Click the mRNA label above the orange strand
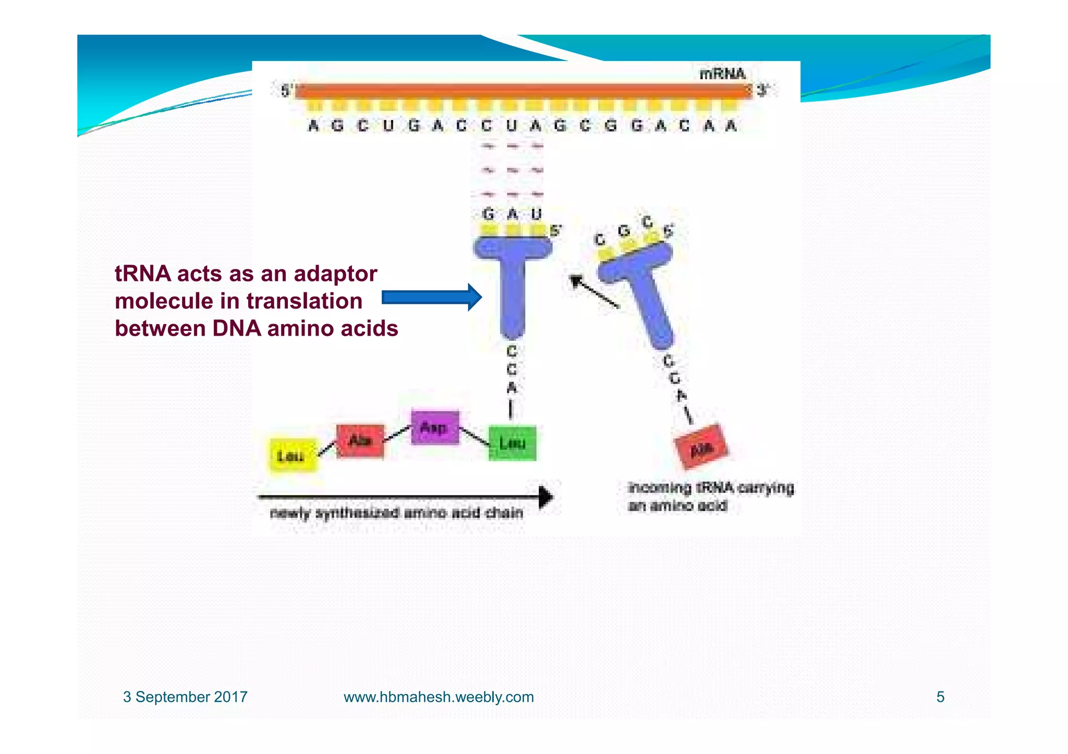pyautogui.click(x=722, y=75)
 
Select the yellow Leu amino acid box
pyautogui.click(x=293, y=455)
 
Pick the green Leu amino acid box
pyautogui.click(x=512, y=443)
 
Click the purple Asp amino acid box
pyautogui.click(x=435, y=427)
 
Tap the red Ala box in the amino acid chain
pyautogui.click(x=360, y=441)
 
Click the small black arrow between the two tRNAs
pyautogui.click(x=594, y=292)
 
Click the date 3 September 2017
pyautogui.click(x=185, y=697)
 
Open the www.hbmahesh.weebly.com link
pyautogui.click(x=439, y=697)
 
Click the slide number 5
pyautogui.click(x=940, y=697)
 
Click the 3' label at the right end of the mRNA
pyautogui.click(x=762, y=91)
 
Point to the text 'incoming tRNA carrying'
pyautogui.click(x=711, y=488)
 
